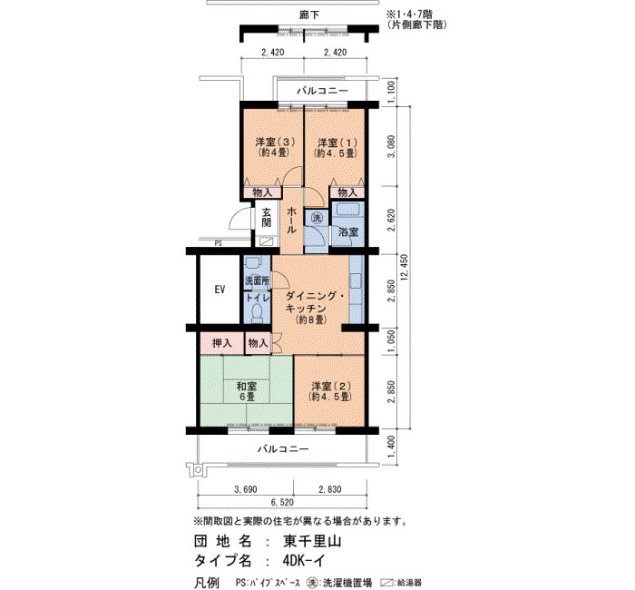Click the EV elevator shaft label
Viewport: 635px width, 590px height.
tap(220, 290)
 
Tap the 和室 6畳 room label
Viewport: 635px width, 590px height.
tap(246, 391)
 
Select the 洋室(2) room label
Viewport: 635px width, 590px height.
tap(329, 391)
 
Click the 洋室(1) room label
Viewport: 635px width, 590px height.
tap(336, 148)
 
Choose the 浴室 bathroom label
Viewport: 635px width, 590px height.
tap(348, 232)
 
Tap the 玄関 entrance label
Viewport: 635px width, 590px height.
tap(266, 217)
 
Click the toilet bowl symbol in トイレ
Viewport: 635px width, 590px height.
tap(257, 314)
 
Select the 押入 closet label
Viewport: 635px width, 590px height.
tap(222, 343)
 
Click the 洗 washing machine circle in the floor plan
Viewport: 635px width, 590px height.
tap(317, 218)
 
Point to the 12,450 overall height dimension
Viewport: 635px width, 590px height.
tap(405, 269)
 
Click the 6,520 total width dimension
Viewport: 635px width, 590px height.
tap(282, 503)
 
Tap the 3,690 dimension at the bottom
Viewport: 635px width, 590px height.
tap(246, 489)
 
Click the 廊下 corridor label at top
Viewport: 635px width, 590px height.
tap(309, 15)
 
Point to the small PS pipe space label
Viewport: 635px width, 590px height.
tap(219, 244)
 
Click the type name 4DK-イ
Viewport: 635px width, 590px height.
tap(304, 561)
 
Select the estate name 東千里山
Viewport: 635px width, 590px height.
tap(312, 541)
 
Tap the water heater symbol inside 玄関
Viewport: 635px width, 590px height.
tap(266, 241)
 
